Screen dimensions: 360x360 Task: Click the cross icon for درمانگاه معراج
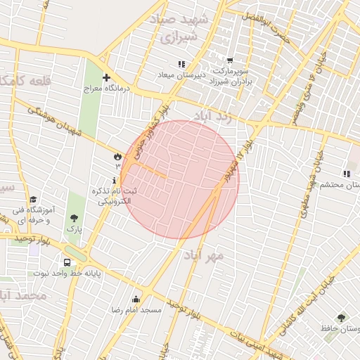coord(106,77)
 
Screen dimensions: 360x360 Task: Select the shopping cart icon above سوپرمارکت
coord(230,61)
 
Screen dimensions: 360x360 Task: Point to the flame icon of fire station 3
coord(117,156)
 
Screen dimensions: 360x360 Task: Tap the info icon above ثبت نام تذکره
coord(115,181)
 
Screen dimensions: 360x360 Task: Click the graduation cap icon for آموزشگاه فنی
coord(33,199)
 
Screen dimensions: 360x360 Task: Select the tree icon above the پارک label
coord(75,218)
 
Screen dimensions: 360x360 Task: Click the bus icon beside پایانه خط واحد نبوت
coord(67,263)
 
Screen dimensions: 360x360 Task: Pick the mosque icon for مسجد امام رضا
coord(136,299)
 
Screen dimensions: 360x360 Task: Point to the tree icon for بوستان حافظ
coord(341,318)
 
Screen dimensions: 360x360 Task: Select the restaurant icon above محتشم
coord(346,173)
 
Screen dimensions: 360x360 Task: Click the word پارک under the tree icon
coord(75,229)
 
